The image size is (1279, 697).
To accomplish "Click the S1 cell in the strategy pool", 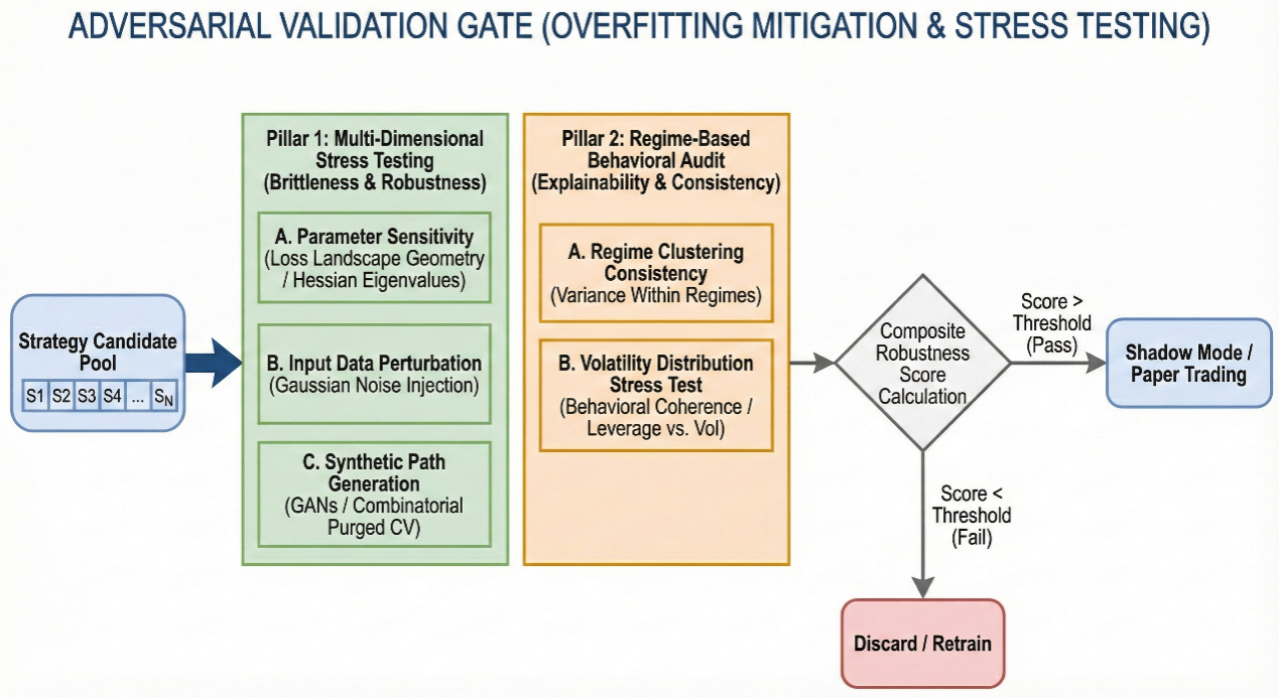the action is pyautogui.click(x=35, y=395).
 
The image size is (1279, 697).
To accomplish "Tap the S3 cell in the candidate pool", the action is pyautogui.click(x=87, y=395).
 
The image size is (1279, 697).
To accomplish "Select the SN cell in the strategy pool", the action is pyautogui.click(x=164, y=395).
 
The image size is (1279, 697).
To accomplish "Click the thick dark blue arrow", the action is pyautogui.click(x=214, y=363).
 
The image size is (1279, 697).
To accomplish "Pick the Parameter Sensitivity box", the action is pyautogui.click(x=374, y=258).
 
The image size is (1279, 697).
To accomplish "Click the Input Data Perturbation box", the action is pyautogui.click(x=374, y=374).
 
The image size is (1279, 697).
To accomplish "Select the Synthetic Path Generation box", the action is pyautogui.click(x=374, y=494).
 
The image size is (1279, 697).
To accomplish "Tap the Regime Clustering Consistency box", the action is pyautogui.click(x=656, y=273).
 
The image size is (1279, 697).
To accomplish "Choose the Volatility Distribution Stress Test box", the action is pyautogui.click(x=656, y=395).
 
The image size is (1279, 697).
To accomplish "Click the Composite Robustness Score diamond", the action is pyautogui.click(x=922, y=363).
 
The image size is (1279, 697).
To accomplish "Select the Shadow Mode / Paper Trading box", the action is pyautogui.click(x=1189, y=363).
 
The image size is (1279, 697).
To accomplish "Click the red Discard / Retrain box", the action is pyautogui.click(x=922, y=643).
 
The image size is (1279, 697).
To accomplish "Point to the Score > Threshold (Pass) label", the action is pyautogui.click(x=1052, y=323).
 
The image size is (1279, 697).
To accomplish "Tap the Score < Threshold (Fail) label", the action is pyautogui.click(x=971, y=515).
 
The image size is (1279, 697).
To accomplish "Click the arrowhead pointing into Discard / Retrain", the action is pyautogui.click(x=922, y=587).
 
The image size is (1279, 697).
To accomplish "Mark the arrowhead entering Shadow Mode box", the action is pyautogui.click(x=1096, y=363).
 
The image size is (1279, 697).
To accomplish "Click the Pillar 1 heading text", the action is pyautogui.click(x=375, y=161).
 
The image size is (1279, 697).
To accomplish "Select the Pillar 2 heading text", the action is pyautogui.click(x=656, y=161).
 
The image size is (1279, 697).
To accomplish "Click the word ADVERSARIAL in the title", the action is pyautogui.click(x=170, y=26).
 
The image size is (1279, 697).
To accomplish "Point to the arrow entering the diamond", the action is pyautogui.click(x=812, y=363).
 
